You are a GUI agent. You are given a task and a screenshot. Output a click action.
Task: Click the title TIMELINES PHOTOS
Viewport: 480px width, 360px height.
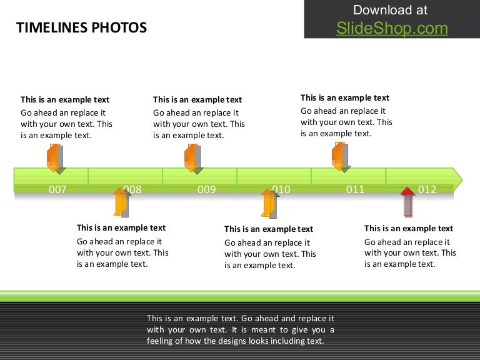point(81,27)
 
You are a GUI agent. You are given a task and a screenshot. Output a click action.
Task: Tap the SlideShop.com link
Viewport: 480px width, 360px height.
point(392,28)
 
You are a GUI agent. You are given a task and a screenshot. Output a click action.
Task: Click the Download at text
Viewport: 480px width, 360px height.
point(391,10)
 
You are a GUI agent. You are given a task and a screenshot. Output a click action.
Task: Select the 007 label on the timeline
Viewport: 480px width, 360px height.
point(57,189)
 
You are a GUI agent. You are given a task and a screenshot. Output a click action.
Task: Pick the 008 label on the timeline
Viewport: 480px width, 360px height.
point(132,189)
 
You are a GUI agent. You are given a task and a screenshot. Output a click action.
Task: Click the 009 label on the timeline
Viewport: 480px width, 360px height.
point(207,189)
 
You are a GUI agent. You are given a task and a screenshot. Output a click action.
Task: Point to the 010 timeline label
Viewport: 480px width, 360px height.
point(281,189)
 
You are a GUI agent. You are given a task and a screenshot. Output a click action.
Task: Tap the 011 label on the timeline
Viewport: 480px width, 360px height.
point(355,189)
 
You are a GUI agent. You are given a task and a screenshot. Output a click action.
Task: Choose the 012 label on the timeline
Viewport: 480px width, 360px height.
point(427,189)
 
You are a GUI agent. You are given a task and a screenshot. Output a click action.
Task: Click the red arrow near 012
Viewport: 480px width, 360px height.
point(407,201)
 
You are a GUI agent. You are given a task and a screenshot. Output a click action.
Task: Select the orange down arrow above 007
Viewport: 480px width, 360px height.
point(55,157)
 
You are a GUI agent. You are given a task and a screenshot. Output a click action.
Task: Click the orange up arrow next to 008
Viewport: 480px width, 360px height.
point(121,201)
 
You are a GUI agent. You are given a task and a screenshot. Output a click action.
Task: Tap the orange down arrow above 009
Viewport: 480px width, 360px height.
point(192,157)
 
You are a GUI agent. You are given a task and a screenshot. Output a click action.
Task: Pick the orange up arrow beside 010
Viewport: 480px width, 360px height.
point(269,202)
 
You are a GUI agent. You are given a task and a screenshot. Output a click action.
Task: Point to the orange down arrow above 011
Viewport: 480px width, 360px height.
point(340,156)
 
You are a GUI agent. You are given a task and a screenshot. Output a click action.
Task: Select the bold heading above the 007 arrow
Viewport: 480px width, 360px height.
point(65,99)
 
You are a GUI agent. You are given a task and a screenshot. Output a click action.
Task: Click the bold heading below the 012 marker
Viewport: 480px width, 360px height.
point(409,228)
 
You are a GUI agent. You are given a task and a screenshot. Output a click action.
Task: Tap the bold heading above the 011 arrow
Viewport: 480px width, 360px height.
point(345,97)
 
